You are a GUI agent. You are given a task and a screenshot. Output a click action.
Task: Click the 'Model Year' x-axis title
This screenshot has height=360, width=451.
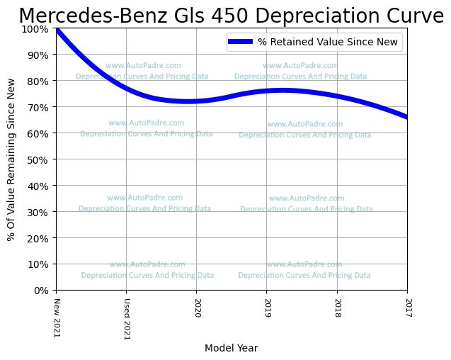(231, 349)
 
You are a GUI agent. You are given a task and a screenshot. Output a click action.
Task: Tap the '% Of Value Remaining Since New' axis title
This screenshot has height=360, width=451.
(11, 159)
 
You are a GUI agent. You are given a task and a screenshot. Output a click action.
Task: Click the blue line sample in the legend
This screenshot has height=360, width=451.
(240, 43)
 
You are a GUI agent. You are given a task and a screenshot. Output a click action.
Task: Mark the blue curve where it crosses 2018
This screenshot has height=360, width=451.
(337, 96)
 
